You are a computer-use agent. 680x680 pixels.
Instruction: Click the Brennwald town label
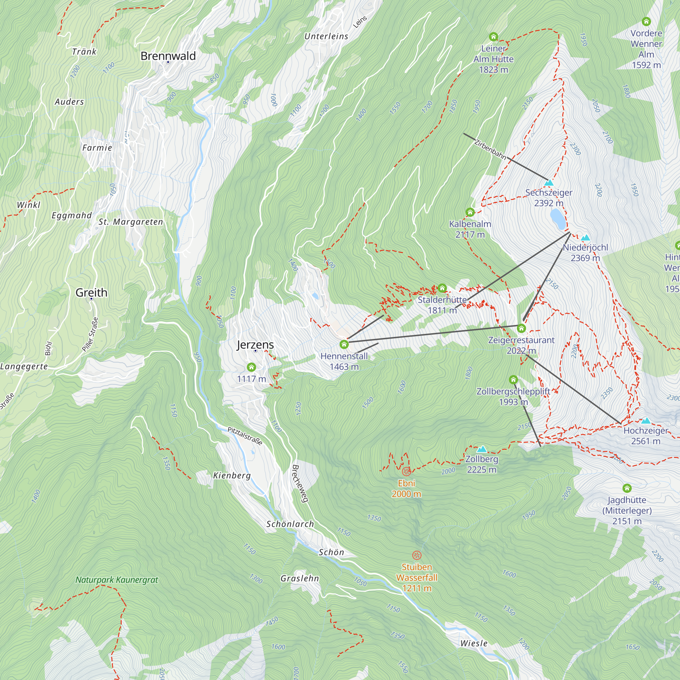pos(168,56)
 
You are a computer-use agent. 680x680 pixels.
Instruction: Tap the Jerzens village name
pos(255,344)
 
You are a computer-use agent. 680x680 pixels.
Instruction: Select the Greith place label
pos(91,292)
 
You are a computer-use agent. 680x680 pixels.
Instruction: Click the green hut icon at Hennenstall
pos(344,344)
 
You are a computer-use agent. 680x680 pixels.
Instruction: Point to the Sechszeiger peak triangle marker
pos(549,183)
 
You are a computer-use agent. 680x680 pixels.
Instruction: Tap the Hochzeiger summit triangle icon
pos(646,421)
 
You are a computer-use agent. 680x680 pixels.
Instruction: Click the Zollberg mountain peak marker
pos(481,449)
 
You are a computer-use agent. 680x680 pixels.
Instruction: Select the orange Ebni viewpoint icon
pos(406,471)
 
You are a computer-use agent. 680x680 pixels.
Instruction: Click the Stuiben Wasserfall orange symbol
pos(417,556)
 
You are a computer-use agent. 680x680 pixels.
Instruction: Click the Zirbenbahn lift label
pos(490,149)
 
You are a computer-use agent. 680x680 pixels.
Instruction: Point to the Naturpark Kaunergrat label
pos(117,580)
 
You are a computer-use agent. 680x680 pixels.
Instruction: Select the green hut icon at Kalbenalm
pos(470,212)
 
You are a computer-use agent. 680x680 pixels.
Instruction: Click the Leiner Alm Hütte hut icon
pos(493,37)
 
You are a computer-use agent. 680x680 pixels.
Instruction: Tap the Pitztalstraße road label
pos(245,436)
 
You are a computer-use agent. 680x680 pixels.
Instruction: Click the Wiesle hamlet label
pos(474,643)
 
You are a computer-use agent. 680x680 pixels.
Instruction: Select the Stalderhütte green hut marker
pos(442,288)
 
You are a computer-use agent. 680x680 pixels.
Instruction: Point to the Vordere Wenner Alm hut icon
pos(646,22)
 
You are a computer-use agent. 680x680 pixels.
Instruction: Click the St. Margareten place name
pos(131,222)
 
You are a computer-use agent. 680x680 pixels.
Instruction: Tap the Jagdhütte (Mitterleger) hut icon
pos(627,488)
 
